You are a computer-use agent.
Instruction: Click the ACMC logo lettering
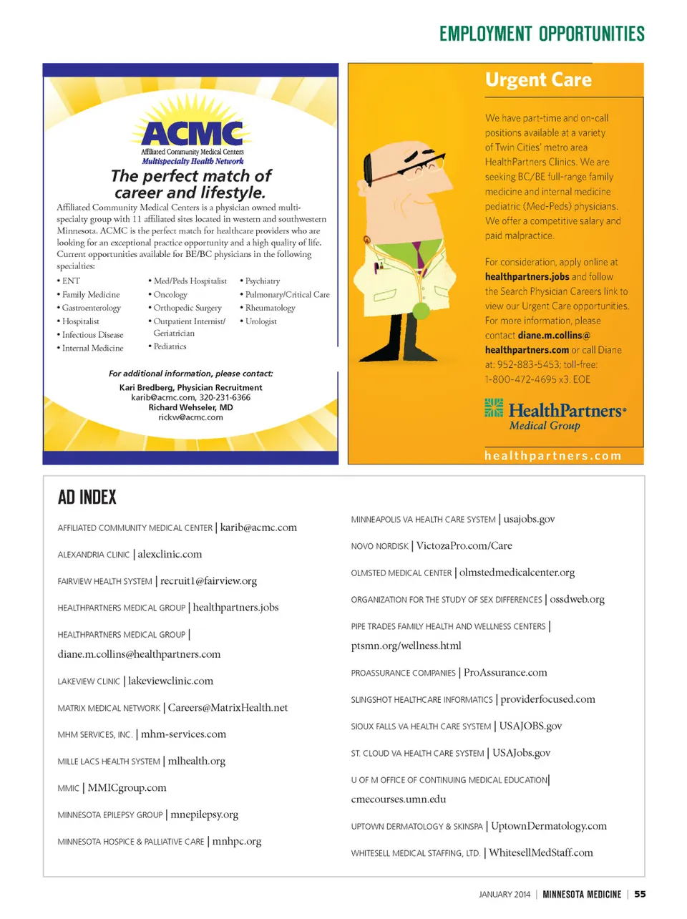tap(193, 134)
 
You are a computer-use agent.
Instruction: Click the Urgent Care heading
tap(538, 79)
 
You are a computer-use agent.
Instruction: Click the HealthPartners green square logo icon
tap(494, 407)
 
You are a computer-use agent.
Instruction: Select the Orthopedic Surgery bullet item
tap(187, 308)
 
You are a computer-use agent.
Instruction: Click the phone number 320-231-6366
tap(225, 397)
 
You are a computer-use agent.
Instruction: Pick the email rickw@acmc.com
tap(190, 417)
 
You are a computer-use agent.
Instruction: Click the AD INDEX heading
tap(87, 497)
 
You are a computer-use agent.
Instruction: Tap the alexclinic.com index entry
tap(170, 555)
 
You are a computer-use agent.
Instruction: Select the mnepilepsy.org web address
tap(205, 815)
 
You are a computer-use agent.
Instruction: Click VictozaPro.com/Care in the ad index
tap(464, 546)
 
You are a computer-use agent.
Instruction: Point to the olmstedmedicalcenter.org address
tap(517, 573)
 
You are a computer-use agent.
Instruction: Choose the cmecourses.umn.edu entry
tap(399, 799)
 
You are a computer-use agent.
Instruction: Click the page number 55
tap(640, 894)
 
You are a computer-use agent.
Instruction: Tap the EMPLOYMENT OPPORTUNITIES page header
tap(542, 34)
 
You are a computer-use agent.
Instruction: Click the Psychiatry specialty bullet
tap(262, 281)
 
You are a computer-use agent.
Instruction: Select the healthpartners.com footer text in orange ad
tap(552, 456)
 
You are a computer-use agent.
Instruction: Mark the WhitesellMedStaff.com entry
tap(541, 853)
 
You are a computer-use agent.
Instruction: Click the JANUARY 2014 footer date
tap(505, 895)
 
